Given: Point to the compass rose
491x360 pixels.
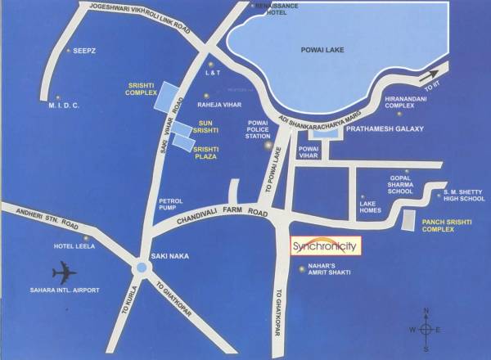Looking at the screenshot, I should pos(426,328).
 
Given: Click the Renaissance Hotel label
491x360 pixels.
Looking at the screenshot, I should pos(273,10).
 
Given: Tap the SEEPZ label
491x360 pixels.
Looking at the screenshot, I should pos(85,51).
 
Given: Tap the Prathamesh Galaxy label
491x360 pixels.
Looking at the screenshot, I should pos(384,129).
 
